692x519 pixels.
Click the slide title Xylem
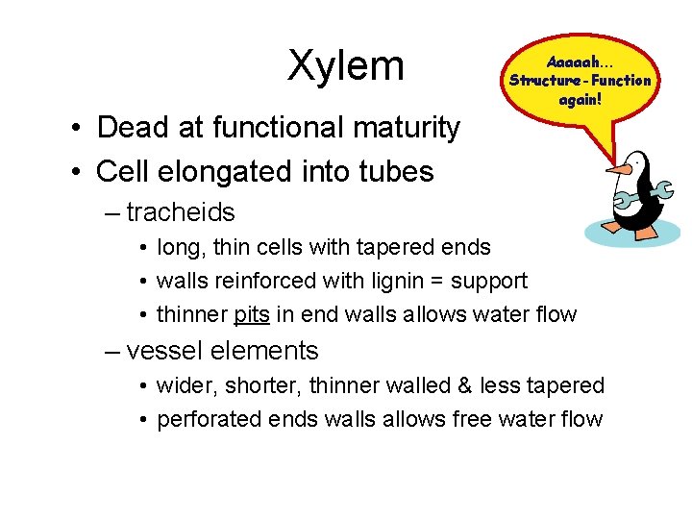[346, 65]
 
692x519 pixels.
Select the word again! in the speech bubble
[580, 98]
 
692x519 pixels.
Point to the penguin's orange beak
[621, 169]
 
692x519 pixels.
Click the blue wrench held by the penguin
[638, 196]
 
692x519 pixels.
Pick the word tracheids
[181, 211]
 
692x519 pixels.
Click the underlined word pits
[252, 314]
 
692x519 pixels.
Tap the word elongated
[237, 172]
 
